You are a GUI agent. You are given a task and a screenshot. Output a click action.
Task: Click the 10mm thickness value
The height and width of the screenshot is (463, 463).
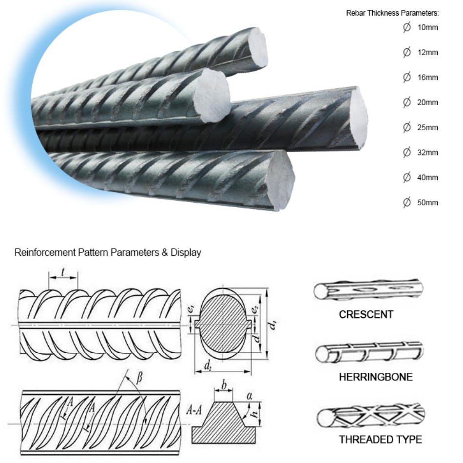click(x=427, y=27)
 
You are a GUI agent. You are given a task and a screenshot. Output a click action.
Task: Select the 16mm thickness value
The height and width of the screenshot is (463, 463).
click(x=427, y=77)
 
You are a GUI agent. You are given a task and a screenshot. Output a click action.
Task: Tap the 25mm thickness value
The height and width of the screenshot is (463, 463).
click(x=427, y=128)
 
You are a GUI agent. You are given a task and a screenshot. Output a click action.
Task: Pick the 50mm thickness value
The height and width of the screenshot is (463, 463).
click(x=427, y=203)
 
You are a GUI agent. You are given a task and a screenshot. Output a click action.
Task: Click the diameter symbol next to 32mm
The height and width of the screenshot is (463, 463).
click(x=407, y=153)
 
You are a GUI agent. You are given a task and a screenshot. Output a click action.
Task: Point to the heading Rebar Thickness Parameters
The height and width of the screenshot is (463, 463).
click(x=392, y=13)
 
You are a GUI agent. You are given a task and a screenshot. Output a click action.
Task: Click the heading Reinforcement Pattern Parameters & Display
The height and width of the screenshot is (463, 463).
click(x=108, y=252)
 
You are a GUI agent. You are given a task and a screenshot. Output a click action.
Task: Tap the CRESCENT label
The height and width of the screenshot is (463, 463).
click(x=366, y=314)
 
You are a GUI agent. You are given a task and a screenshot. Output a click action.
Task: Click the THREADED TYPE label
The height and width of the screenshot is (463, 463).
click(x=380, y=439)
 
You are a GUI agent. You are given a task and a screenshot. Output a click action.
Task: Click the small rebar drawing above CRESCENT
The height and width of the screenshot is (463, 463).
click(x=367, y=291)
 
